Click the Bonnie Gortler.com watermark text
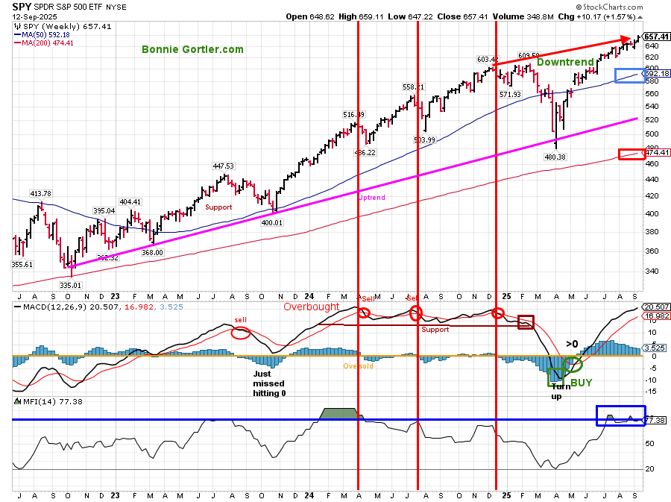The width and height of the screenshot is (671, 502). [x=193, y=49]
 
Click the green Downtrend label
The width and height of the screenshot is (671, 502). [x=566, y=63]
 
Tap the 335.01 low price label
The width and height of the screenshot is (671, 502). [x=72, y=284]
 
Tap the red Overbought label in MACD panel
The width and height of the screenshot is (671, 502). [x=311, y=307]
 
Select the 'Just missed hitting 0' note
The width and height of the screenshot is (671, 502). [x=269, y=383]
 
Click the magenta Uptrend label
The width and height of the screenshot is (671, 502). [x=372, y=198]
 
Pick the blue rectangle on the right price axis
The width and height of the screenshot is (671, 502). [x=629, y=75]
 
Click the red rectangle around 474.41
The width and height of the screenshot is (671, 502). [x=631, y=154]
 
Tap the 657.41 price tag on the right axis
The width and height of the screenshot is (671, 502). [x=656, y=37]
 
